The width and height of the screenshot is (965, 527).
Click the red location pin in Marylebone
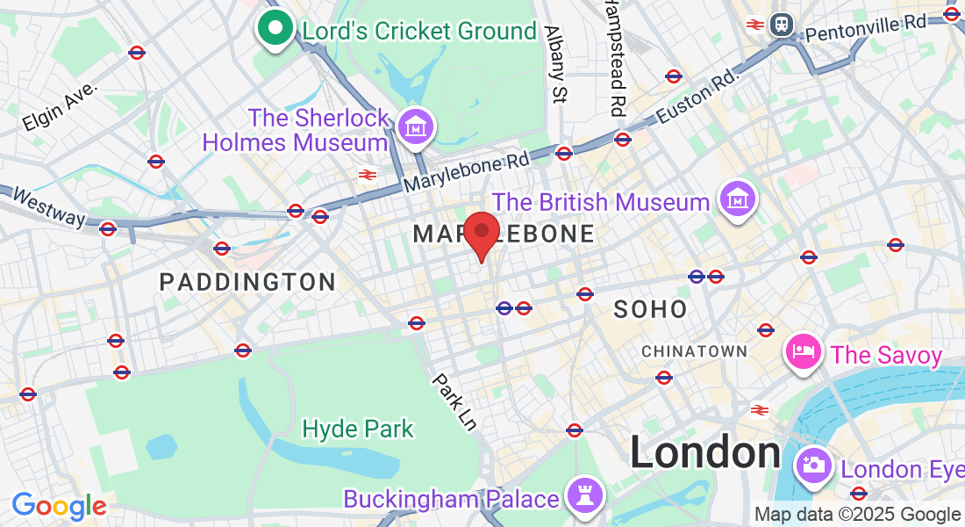pyautogui.click(x=481, y=233)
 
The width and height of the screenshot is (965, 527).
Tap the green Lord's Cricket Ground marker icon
pyautogui.click(x=275, y=29)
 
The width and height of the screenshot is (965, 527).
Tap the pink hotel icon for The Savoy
pyautogui.click(x=803, y=353)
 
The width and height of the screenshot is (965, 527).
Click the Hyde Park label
pyautogui.click(x=357, y=429)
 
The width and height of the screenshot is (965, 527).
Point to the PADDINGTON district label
pyautogui.click(x=247, y=282)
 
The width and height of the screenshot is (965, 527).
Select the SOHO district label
pyautogui.click(x=650, y=308)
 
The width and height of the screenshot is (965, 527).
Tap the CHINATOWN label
pyautogui.click(x=694, y=351)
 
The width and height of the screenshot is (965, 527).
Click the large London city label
pyautogui.click(x=705, y=453)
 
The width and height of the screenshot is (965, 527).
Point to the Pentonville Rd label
pyautogui.click(x=865, y=27)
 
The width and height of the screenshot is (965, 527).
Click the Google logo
pyautogui.click(x=59, y=506)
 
